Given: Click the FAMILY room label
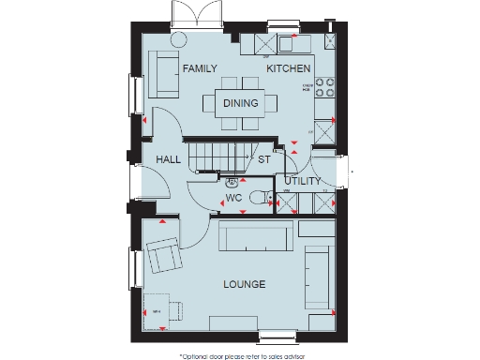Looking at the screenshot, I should tap(200, 69).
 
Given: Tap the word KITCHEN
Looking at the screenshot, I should tap(288, 69).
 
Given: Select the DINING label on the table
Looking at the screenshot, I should tap(241, 103).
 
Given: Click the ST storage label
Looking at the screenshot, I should tap(264, 159).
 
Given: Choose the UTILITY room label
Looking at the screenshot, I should tap(303, 181).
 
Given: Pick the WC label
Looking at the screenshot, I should tap(234, 199).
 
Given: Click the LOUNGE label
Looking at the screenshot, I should tap(244, 284).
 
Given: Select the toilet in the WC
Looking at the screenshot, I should tap(262, 199).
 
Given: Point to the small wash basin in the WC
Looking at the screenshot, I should tap(232, 181).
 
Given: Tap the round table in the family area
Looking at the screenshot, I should tap(179, 38).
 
